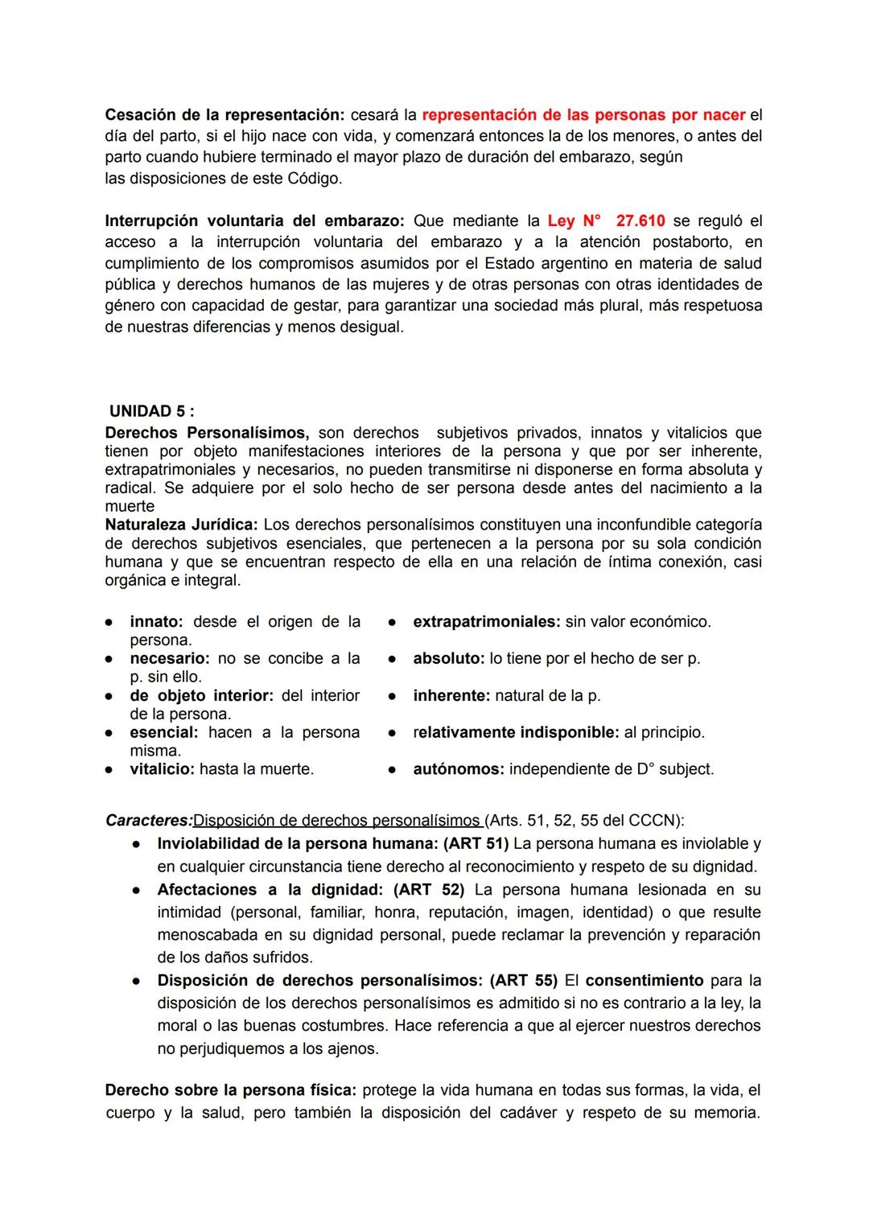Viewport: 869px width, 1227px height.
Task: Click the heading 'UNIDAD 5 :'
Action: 152,411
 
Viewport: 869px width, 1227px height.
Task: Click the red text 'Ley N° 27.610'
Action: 606,220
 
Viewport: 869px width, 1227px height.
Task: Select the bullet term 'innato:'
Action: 157,622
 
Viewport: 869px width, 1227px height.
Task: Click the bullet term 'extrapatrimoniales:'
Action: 486,622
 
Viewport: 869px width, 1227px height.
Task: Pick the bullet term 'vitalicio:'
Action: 162,769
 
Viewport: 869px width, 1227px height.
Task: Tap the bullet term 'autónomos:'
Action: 458,769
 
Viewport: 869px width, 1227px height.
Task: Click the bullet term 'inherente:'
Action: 451,695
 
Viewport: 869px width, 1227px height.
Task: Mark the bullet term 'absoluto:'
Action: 448,658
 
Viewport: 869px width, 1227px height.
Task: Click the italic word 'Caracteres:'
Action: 149,821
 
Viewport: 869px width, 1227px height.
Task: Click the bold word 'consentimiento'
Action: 645,981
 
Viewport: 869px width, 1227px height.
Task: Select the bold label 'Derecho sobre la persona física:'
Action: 231,1090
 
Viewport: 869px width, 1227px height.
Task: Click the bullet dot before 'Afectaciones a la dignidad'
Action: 138,891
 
